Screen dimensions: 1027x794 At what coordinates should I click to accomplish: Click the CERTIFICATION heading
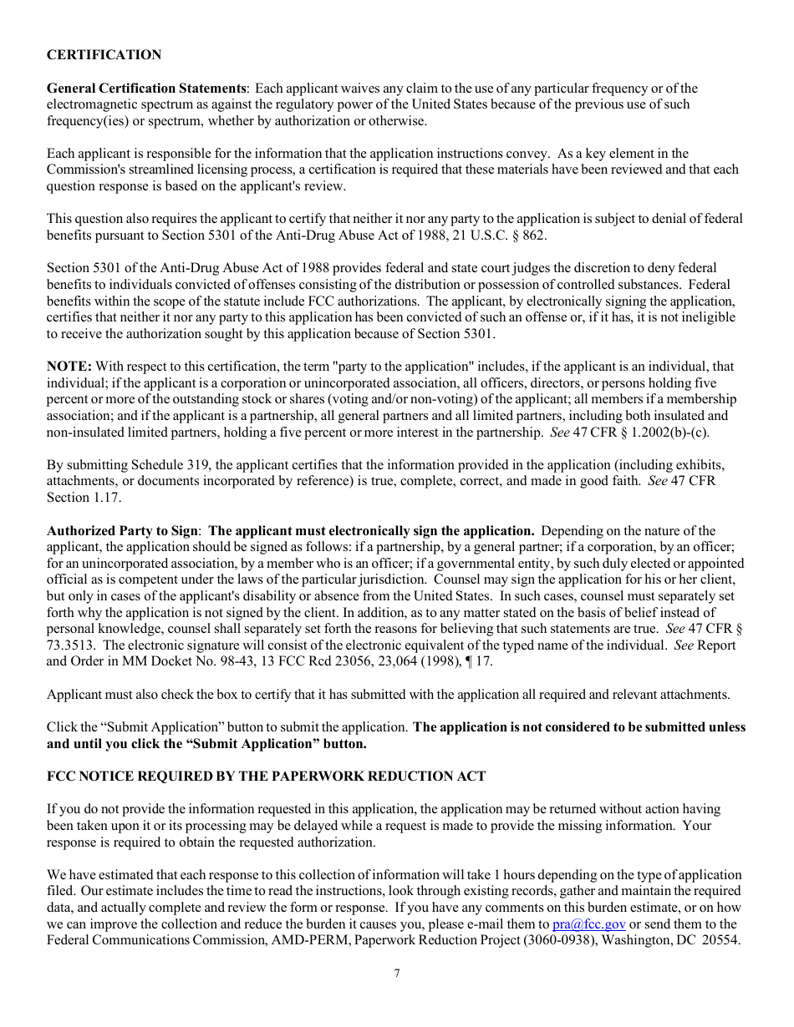104,55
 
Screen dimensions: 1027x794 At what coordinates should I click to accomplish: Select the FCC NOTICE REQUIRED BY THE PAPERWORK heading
266,777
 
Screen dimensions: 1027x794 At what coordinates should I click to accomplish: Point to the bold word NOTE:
69,367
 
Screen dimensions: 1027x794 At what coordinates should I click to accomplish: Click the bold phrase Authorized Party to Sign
123,531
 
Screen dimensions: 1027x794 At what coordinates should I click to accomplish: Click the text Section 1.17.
84,498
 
